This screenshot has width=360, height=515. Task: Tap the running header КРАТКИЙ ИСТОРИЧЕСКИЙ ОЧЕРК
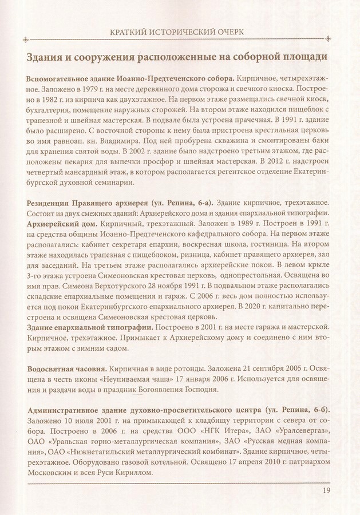click(x=180, y=31)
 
